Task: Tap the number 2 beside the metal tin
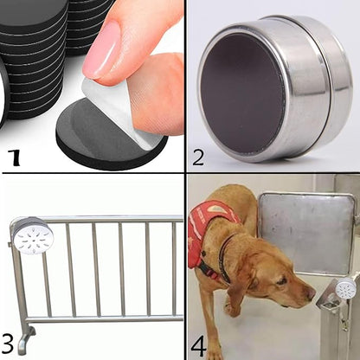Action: point(198,157)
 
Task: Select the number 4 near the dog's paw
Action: point(198,344)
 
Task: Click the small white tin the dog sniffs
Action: point(345,289)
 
